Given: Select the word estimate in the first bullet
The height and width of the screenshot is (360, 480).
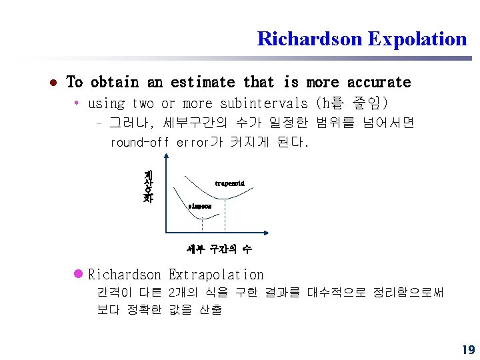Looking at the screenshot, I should (x=202, y=82).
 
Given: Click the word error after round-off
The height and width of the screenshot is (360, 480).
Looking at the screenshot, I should (x=193, y=142).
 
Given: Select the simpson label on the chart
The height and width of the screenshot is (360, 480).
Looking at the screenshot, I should (x=199, y=207).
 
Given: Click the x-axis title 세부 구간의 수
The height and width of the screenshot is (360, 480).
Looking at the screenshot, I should (x=219, y=249).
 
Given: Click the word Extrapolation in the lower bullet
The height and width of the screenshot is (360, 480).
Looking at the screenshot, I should (x=216, y=275).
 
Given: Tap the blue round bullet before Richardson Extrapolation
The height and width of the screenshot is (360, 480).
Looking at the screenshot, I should (x=78, y=274).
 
